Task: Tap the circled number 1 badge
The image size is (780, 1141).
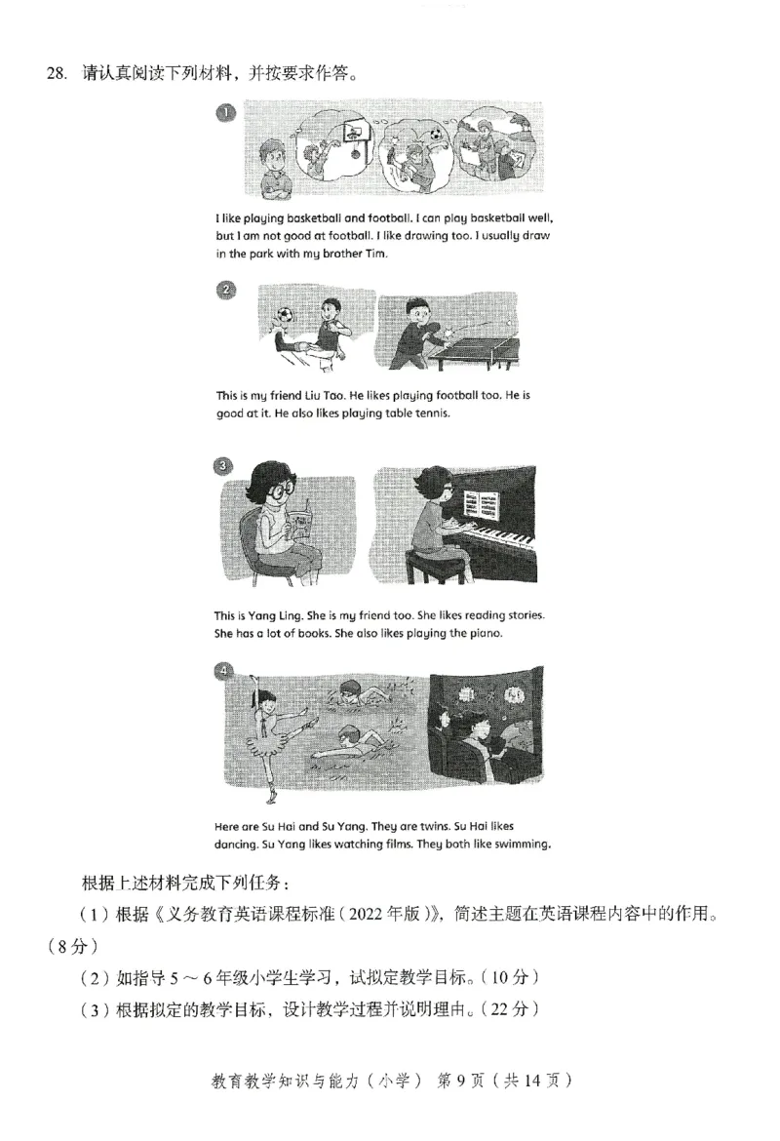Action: coord(225,114)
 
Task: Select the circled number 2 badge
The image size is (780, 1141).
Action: coord(225,290)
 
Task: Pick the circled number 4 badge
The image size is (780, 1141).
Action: coord(225,671)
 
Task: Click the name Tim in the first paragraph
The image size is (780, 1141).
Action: coord(375,254)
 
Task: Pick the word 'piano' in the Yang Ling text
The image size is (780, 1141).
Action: coord(482,633)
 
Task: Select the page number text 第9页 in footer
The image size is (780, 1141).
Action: coord(458,1080)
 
